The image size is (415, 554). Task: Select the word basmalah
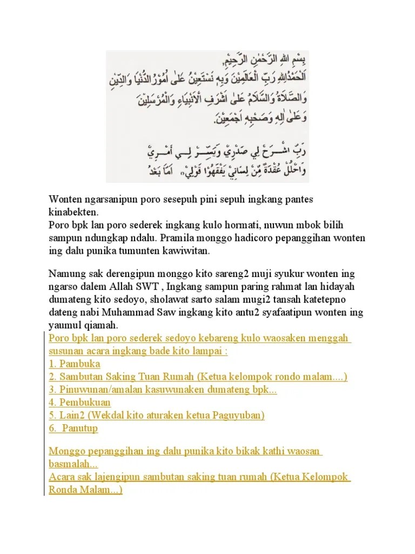72,464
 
